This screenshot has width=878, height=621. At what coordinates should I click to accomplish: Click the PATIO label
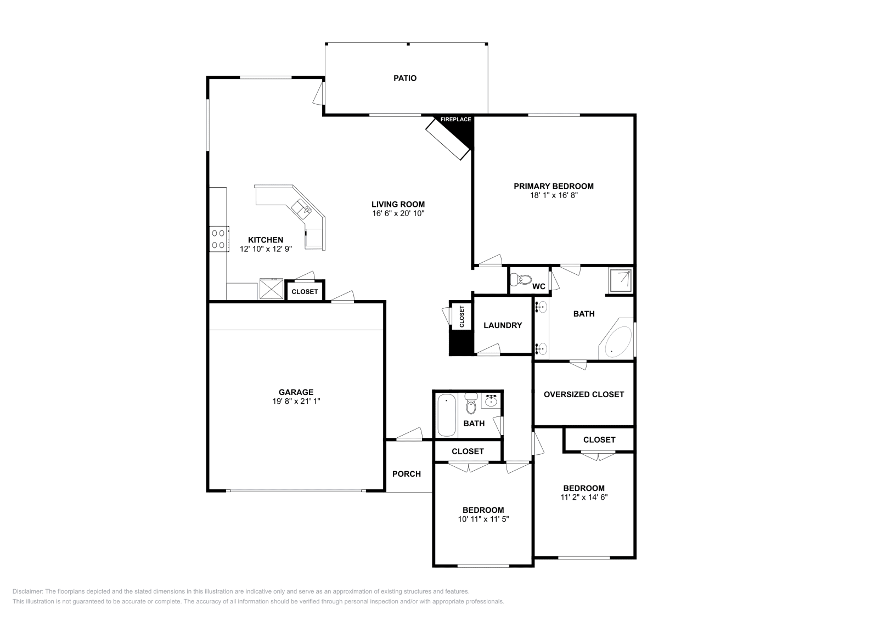coord(405,78)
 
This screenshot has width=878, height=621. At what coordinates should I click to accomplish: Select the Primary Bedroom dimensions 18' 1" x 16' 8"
coord(553,195)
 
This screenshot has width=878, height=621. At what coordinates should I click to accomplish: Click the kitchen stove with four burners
coord(218,239)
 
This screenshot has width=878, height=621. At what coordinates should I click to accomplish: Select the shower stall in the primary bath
coord(620,280)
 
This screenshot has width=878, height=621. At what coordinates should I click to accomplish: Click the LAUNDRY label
coord(503,325)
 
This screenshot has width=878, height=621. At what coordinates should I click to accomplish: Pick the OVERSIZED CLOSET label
coord(584,394)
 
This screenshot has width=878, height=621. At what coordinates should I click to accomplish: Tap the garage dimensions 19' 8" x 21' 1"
coord(296,401)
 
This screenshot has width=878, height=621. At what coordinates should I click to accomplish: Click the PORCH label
coord(407,474)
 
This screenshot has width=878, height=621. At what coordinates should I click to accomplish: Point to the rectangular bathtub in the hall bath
coord(447,415)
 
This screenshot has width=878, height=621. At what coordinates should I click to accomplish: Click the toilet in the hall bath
coord(471,405)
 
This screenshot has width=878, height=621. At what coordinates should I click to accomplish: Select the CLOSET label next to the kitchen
coord(305,292)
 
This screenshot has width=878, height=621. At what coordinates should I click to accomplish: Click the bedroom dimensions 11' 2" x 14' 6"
coord(584,497)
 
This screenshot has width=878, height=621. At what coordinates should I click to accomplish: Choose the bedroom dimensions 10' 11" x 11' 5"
coord(483,519)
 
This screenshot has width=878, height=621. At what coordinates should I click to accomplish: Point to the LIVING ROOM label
coord(398,205)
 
